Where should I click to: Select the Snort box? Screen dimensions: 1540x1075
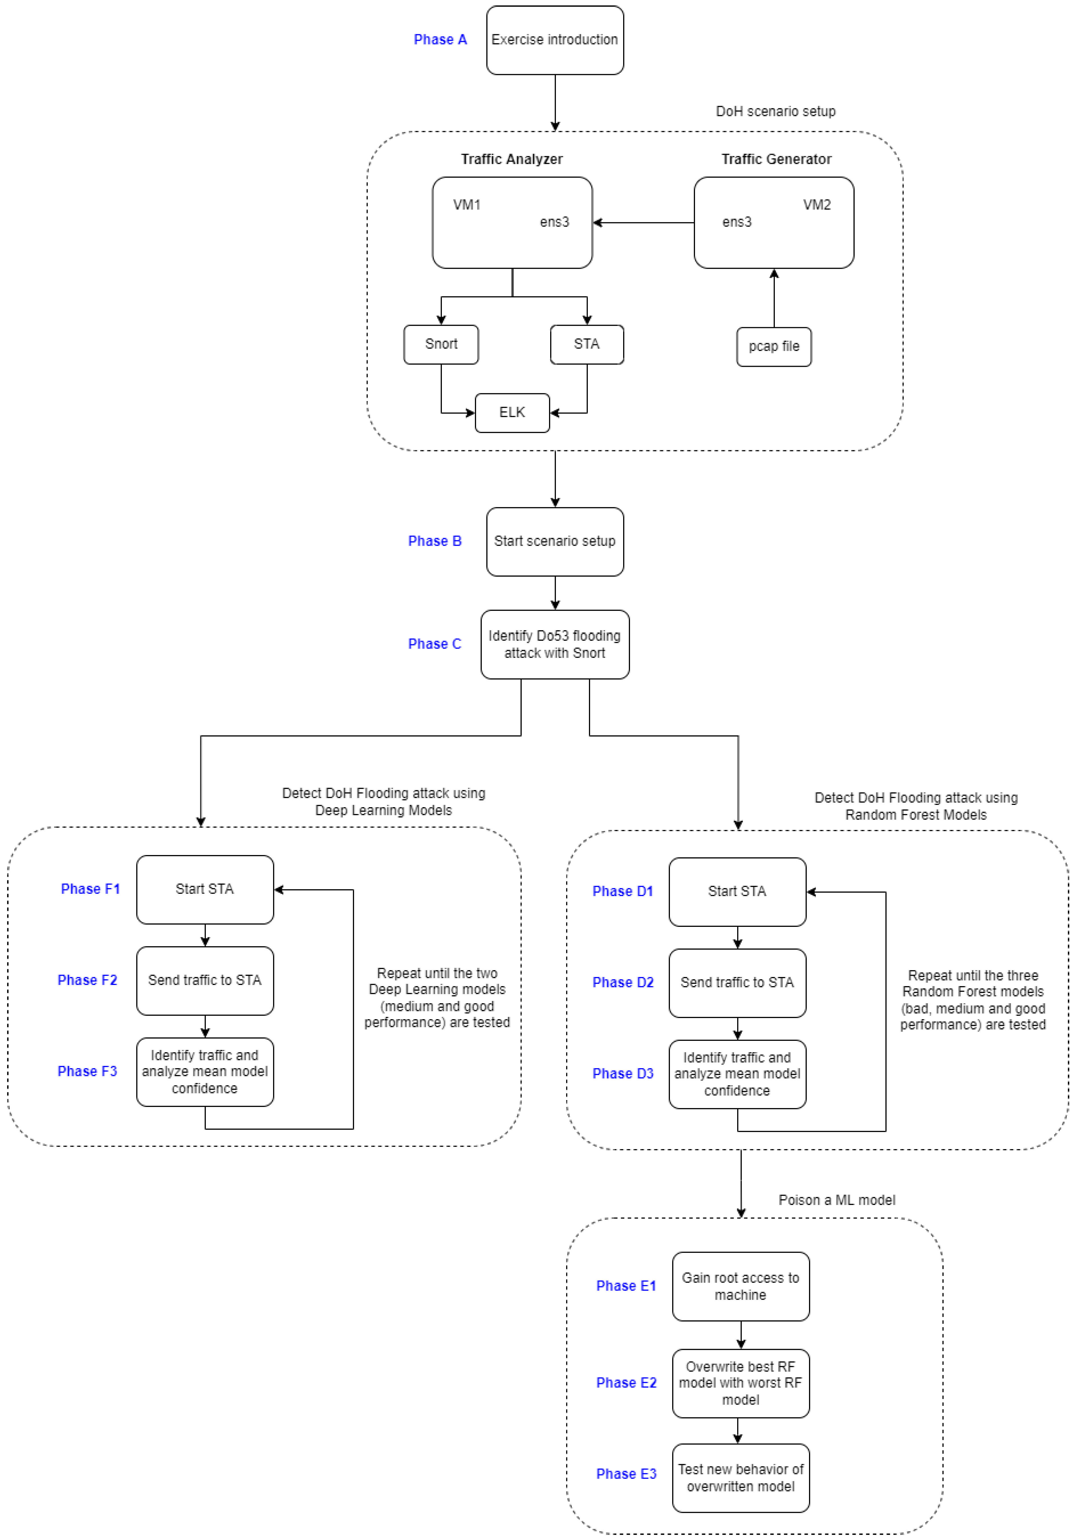(441, 344)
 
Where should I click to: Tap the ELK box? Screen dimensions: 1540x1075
(512, 413)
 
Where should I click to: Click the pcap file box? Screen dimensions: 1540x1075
(774, 347)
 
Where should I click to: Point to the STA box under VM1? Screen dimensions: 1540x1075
(586, 344)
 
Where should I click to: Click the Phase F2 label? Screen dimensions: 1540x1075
(87, 980)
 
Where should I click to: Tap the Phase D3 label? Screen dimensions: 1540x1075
(623, 1073)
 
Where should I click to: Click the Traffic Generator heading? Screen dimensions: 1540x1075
(776, 159)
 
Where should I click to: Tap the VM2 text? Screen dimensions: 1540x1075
(817, 205)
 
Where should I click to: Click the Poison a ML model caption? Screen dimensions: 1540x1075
(836, 1200)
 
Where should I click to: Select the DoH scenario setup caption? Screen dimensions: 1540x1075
(775, 111)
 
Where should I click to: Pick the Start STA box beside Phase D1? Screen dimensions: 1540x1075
(737, 892)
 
